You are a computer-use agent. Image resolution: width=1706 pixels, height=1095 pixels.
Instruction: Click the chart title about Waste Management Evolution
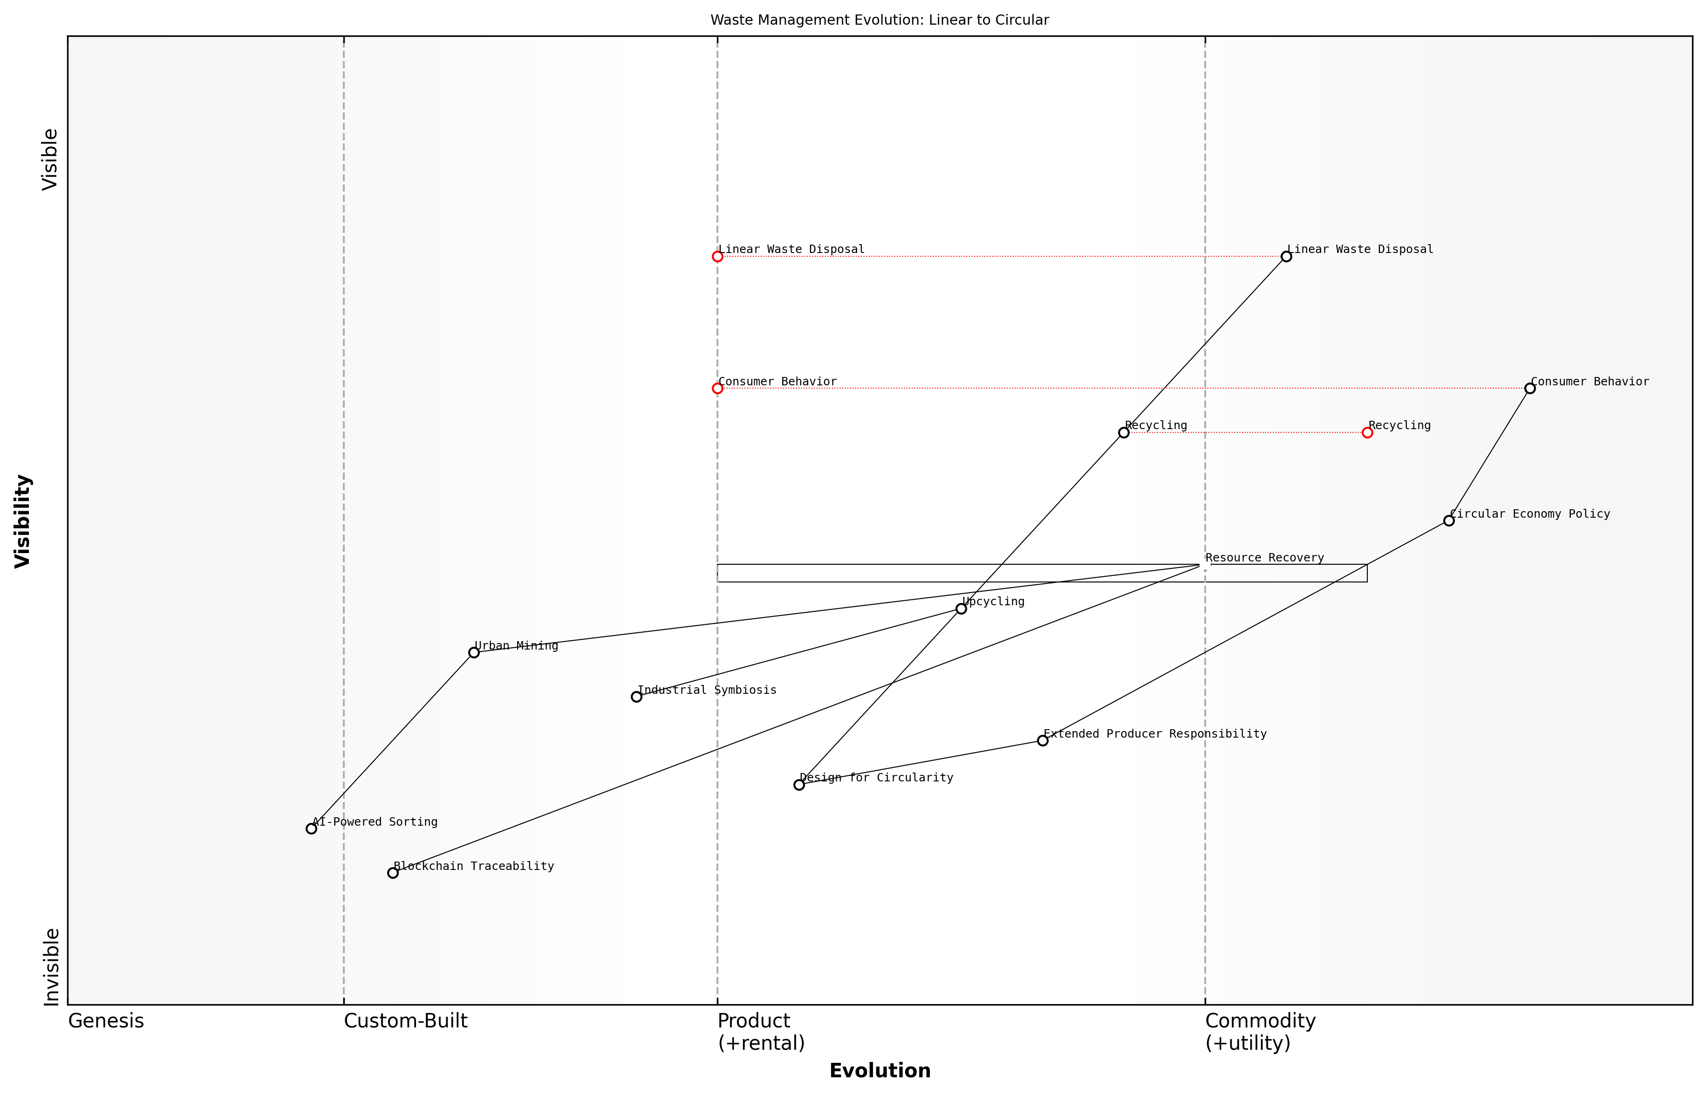point(879,20)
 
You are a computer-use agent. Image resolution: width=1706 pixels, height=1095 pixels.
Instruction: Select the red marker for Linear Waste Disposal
point(717,257)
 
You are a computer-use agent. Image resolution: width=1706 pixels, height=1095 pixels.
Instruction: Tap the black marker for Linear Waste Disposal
point(1286,257)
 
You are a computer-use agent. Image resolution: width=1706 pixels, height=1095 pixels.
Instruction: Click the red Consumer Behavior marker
point(717,388)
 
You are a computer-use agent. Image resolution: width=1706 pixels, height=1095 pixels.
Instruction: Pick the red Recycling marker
point(1367,432)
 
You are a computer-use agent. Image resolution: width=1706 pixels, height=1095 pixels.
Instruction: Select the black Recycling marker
point(1123,432)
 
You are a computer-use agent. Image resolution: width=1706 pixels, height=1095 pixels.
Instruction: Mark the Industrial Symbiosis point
point(636,697)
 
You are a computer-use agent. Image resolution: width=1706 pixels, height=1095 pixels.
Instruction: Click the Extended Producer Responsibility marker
point(1042,741)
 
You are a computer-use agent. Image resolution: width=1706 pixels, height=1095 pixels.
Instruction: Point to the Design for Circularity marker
point(799,785)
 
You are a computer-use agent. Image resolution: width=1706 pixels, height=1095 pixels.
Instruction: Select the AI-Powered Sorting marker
point(311,828)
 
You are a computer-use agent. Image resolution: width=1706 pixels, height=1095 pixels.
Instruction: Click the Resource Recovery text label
point(1264,558)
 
